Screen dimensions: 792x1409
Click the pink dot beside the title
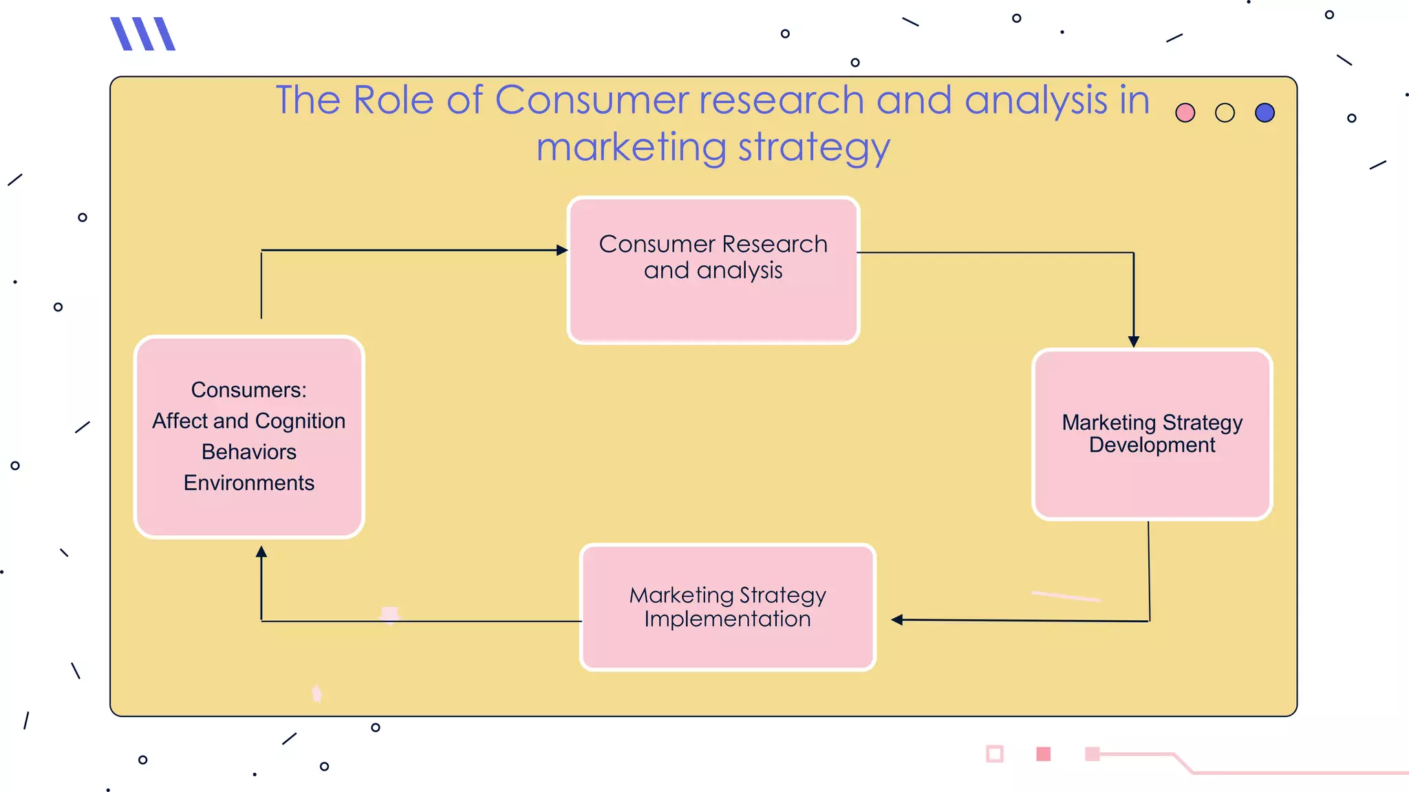pyautogui.click(x=1185, y=113)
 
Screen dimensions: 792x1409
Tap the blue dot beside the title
pyautogui.click(x=1265, y=113)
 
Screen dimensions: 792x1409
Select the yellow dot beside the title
pyautogui.click(x=1225, y=113)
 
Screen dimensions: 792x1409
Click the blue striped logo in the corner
pyautogui.click(x=143, y=34)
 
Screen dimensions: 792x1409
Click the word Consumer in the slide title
pyautogui.click(x=591, y=100)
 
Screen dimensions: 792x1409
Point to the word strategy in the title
pyautogui.click(x=814, y=148)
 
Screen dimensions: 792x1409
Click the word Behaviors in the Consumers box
pyautogui.click(x=249, y=452)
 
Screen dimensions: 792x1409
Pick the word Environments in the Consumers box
pyautogui.click(x=249, y=483)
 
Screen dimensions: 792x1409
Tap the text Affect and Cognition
pyautogui.click(x=249, y=421)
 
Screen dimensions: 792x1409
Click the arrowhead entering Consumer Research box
pyautogui.click(x=561, y=250)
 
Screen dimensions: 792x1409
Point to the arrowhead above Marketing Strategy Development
pyautogui.click(x=1134, y=341)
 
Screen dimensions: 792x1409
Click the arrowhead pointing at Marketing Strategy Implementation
pyautogui.click(x=897, y=619)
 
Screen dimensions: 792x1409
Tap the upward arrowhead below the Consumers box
pyautogui.click(x=261, y=551)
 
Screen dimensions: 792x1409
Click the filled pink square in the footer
pyautogui.click(x=1043, y=754)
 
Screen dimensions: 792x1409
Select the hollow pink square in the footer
pyautogui.click(x=994, y=754)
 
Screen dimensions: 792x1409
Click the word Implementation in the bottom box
pyautogui.click(x=727, y=619)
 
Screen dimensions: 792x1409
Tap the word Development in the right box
pyautogui.click(x=1152, y=445)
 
